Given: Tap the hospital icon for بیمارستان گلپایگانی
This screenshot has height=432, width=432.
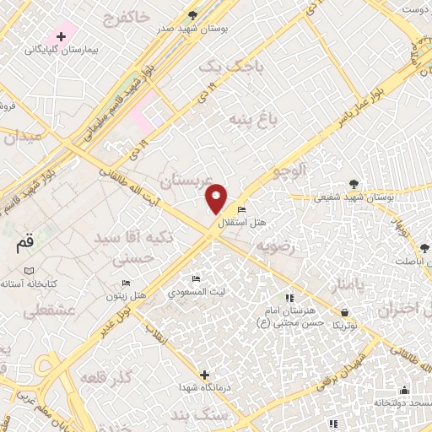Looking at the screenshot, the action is coord(61,36).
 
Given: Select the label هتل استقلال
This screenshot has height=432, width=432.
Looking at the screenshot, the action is coord(242,223).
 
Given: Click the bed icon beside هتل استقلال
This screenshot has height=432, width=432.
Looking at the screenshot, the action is coord(242,210).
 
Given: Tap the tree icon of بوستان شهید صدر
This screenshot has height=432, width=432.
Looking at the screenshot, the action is coord(192,15).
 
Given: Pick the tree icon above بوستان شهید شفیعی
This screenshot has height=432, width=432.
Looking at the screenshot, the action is coord(353,184).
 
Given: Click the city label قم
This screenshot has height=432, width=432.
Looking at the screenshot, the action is coord(26,244).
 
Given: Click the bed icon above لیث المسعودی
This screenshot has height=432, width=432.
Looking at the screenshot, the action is coord(197,279).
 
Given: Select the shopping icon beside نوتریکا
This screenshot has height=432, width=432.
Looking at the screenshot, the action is coord(346,312).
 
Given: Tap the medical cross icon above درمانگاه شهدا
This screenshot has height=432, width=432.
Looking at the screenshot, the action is coord(204,374).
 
